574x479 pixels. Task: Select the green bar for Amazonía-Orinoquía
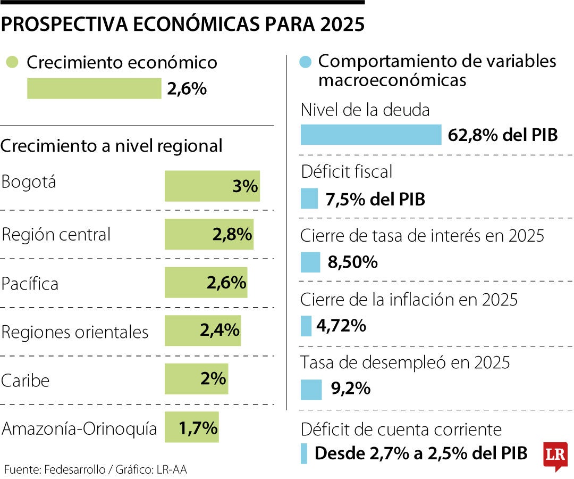191,427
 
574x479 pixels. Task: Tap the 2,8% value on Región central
232,235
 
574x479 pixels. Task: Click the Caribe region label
26,381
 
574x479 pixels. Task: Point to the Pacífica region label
30,284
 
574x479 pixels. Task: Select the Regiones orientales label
75,332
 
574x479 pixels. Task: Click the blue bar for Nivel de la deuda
370,135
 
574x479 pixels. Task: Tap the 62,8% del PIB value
503,135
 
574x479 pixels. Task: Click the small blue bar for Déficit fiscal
309,199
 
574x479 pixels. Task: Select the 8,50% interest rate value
353,262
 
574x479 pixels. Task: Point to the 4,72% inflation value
341,326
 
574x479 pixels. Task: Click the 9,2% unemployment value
350,389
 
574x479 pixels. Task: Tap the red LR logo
555,456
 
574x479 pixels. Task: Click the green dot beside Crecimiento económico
12,62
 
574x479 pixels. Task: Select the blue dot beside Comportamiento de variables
305,62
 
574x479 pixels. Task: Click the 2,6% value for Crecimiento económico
187,89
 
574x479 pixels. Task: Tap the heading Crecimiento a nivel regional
112,146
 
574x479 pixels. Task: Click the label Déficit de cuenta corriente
401,429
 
